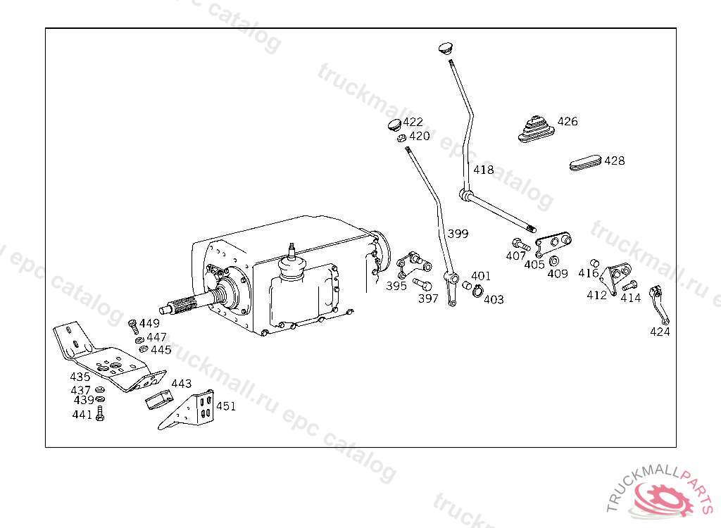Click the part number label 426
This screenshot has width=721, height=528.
click(568, 121)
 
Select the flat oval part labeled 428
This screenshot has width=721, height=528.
click(585, 163)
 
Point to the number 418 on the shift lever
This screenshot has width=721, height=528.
click(483, 170)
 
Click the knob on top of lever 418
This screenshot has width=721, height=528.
click(445, 49)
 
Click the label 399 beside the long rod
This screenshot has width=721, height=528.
click(458, 234)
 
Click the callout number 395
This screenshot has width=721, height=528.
click(396, 286)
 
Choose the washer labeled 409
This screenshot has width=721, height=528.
click(554, 262)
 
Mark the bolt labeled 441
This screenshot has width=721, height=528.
click(99, 415)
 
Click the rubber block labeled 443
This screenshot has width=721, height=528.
click(159, 401)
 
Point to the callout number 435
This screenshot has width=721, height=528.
click(80, 377)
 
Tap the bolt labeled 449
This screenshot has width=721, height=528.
click(132, 325)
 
